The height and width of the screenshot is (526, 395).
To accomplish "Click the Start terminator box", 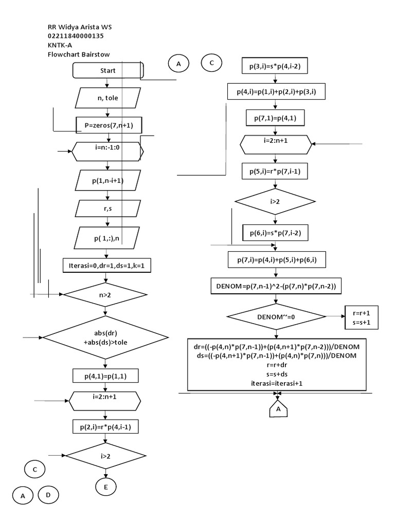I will [x=108, y=70].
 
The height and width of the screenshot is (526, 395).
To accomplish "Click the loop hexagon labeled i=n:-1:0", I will [x=107, y=152].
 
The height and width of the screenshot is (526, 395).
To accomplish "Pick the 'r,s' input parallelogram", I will [x=107, y=209].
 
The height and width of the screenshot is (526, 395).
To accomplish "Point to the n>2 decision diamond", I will [x=105, y=295].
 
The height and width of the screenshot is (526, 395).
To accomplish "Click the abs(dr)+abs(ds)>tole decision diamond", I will [x=105, y=337].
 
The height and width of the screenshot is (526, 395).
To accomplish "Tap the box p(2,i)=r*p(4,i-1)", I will [x=105, y=426].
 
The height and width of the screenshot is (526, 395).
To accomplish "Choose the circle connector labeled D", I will [x=48, y=495].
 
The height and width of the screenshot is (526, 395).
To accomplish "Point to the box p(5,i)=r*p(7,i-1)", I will [x=275, y=172].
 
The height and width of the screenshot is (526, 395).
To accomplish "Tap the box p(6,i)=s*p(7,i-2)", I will [x=275, y=233].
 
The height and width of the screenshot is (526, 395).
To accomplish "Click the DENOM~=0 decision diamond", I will [x=275, y=317].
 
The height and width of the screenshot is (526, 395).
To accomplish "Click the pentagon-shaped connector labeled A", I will [x=278, y=409].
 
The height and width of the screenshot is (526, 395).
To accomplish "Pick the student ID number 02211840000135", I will [x=76, y=36].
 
